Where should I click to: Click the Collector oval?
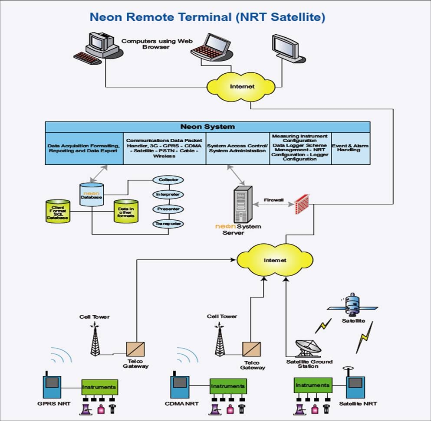coord(168,179)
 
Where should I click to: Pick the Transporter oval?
coord(168,224)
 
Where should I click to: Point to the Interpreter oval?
coord(168,194)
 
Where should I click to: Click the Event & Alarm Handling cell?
coord(351,148)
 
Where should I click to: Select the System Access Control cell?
coord(237,148)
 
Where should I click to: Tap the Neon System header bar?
coord(207,127)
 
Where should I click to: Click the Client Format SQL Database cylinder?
coord(58,211)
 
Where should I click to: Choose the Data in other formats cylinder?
coord(125,211)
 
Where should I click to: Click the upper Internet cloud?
coord(242,86)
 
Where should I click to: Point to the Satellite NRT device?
coord(355,385)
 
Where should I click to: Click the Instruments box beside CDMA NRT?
coord(228,386)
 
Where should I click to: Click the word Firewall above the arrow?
coord(274,200)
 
